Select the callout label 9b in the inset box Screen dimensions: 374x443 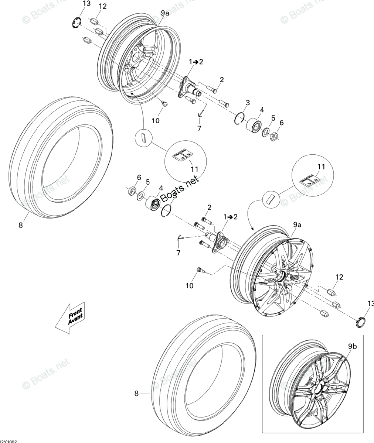tap(352, 346)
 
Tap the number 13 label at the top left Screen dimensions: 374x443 tap(86, 4)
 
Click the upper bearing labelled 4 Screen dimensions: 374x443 tap(253, 124)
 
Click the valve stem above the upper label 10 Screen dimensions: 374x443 tap(164, 104)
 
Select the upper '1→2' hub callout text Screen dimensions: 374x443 tap(196, 62)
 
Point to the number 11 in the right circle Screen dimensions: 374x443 tap(322, 166)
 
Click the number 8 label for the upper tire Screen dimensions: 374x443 tap(21, 225)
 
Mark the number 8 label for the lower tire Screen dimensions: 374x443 tap(136, 394)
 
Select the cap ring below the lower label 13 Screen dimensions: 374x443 tap(361, 321)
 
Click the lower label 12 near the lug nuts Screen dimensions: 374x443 tap(339, 277)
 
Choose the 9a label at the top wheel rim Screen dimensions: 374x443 tap(165, 14)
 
